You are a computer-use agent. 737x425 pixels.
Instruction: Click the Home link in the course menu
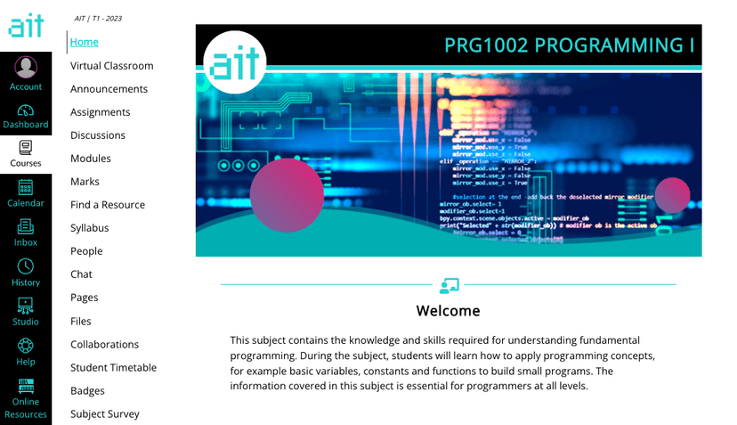(x=85, y=42)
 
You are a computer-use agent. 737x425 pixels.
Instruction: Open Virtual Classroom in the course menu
(x=112, y=66)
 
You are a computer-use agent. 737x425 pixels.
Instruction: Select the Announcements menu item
(x=109, y=89)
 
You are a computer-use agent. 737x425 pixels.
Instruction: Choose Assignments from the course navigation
(x=101, y=112)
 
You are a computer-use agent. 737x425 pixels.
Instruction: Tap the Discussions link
(x=98, y=135)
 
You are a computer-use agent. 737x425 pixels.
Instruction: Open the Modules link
(x=91, y=159)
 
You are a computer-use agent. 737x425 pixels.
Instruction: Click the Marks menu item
(x=85, y=182)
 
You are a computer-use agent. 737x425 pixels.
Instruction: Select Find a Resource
(x=108, y=205)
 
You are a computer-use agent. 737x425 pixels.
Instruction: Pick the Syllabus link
(x=90, y=228)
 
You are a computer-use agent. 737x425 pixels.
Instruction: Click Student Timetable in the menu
(x=113, y=368)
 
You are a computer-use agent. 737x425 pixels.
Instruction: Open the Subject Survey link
(x=105, y=414)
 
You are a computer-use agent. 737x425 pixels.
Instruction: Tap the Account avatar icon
(x=26, y=67)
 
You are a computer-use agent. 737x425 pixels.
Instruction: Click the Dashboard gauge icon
(x=26, y=110)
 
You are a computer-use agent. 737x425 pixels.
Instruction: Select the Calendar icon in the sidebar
(x=26, y=187)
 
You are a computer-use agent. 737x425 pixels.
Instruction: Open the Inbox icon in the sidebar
(x=26, y=226)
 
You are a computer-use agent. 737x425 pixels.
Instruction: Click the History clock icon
(x=26, y=266)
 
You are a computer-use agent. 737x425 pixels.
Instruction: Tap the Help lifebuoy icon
(x=26, y=346)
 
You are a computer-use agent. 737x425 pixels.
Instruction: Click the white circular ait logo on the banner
(x=235, y=61)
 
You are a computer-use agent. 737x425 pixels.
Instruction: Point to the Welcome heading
(x=448, y=311)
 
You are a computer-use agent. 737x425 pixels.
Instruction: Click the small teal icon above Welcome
(x=449, y=285)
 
